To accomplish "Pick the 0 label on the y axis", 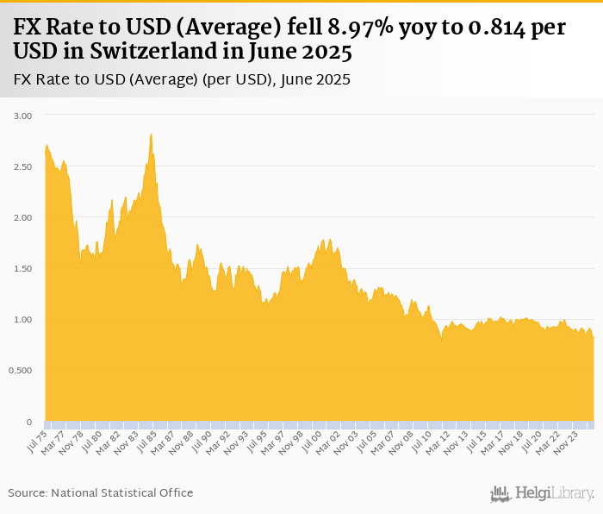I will click(28, 422).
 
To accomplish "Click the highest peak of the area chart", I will click(152, 135).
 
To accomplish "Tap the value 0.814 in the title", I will click(495, 28).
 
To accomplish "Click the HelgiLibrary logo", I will click(543, 493).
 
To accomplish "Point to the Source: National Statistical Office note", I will click(101, 492).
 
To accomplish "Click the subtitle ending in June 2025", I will click(182, 80).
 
